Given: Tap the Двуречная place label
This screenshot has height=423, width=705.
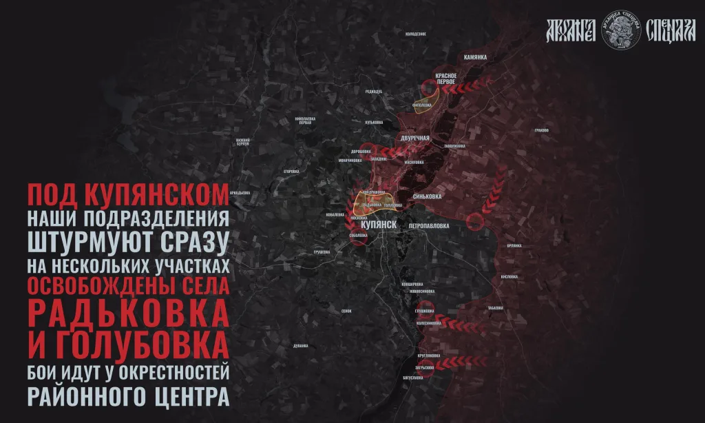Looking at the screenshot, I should click(415, 138).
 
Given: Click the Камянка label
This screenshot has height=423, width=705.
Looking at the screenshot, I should click(476, 57).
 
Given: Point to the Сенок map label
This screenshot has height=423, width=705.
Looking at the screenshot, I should click(346, 311).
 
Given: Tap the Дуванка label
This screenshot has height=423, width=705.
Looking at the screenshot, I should click(299, 344).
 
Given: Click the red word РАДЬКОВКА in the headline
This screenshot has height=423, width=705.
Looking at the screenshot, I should click(128, 313).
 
